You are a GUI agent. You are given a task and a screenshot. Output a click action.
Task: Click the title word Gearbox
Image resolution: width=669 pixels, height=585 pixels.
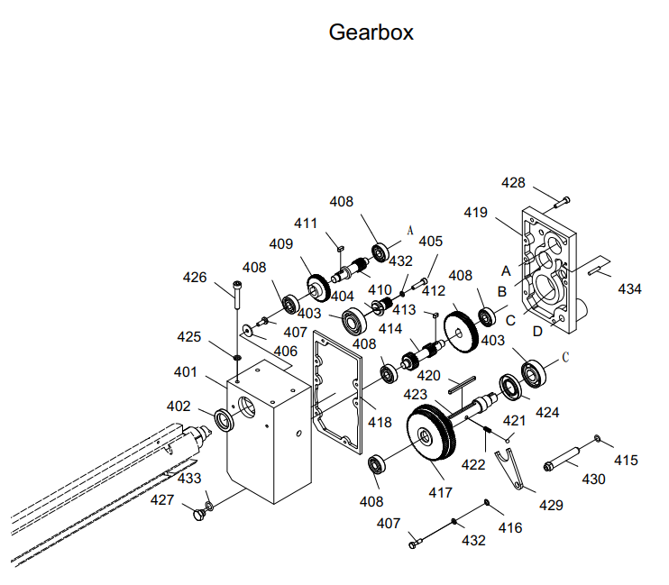(x=371, y=32)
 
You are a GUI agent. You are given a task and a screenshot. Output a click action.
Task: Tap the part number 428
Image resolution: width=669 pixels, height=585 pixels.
(x=513, y=183)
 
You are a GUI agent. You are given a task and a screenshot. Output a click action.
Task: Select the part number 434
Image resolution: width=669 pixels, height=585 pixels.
(x=629, y=288)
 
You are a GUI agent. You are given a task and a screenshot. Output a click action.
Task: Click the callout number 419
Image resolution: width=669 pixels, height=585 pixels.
(x=475, y=213)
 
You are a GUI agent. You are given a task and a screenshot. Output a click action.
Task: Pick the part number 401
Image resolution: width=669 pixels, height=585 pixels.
(x=185, y=371)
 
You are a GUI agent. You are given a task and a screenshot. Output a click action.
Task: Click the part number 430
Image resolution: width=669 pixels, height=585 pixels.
(x=593, y=480)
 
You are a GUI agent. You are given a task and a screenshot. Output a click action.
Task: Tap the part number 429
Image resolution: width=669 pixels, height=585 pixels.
(x=552, y=505)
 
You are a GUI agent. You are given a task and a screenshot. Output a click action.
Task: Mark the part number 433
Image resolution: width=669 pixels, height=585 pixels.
(x=188, y=478)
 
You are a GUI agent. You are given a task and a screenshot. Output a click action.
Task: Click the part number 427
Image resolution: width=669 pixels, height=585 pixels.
(x=162, y=499)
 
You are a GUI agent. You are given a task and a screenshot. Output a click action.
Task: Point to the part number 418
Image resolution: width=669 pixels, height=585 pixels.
(x=379, y=422)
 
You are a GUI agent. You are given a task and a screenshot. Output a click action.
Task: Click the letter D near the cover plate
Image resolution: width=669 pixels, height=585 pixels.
(x=537, y=331)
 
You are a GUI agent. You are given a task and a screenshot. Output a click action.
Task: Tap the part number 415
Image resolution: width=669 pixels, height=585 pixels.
(x=626, y=460)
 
